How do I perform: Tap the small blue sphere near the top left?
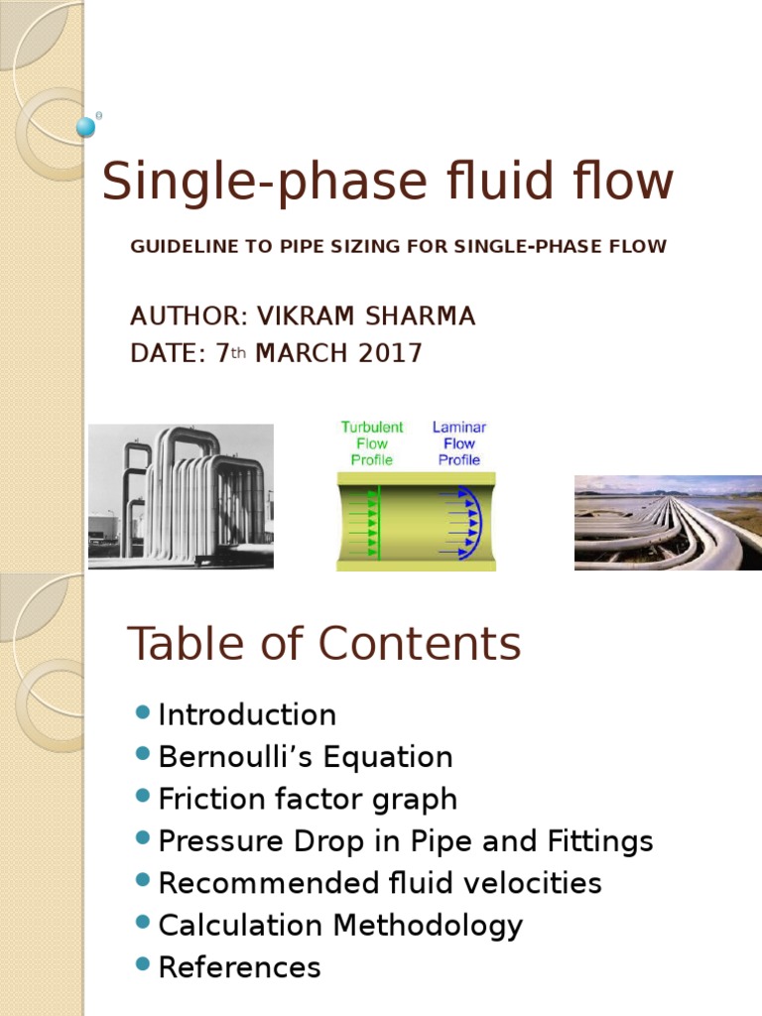coord(86,127)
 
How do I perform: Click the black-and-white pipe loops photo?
coord(181,496)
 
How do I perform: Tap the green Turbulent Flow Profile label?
coord(371,444)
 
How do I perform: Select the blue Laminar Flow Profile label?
coord(459,444)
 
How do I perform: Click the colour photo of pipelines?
coord(657,522)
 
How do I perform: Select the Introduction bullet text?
coord(247,715)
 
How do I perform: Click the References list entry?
coord(239,967)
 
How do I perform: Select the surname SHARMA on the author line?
coord(421,317)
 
